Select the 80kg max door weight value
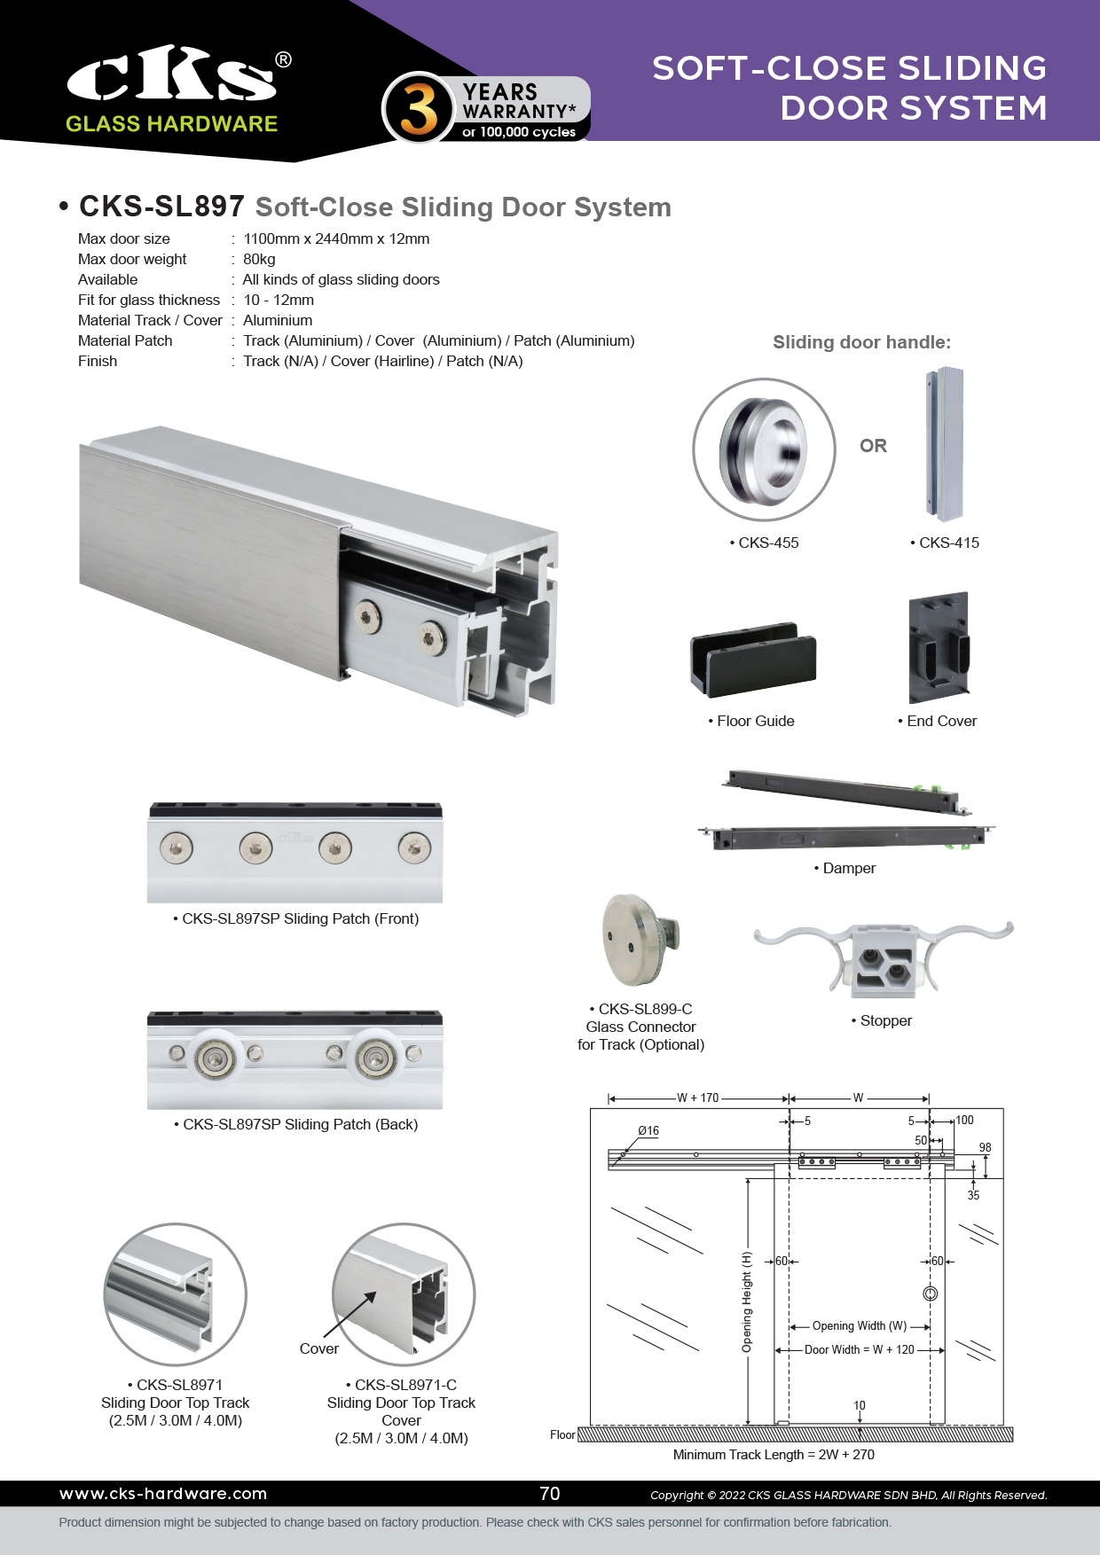tap(259, 259)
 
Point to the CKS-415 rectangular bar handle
tap(943, 445)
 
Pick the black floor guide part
tap(753, 658)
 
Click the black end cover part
tap(939, 648)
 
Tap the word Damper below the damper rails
tap(849, 868)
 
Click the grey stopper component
tap(884, 958)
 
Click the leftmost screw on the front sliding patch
tap(177, 848)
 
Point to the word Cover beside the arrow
tap(319, 1348)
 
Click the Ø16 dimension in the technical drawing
tap(648, 1130)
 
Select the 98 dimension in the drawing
tap(985, 1147)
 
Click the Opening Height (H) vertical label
tap(747, 1301)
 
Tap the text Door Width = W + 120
tap(859, 1349)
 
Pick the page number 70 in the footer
tap(550, 1494)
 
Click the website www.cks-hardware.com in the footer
tap(163, 1494)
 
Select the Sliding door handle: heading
tap(861, 342)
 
